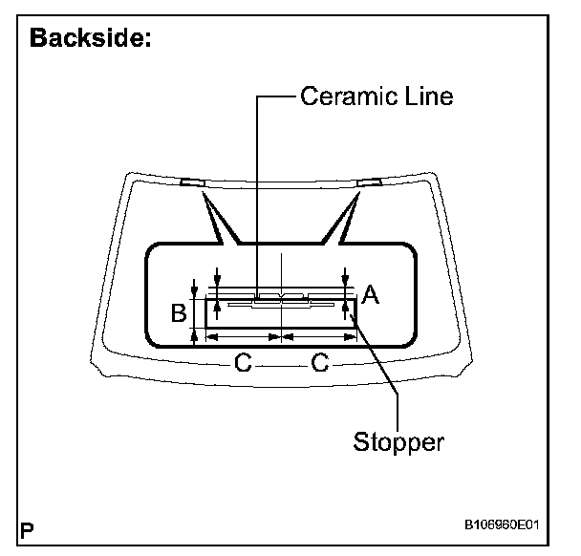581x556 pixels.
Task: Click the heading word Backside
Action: (x=91, y=39)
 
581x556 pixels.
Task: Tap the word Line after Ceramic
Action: (x=426, y=96)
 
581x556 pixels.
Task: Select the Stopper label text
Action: (x=398, y=442)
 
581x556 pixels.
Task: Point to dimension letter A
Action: (x=371, y=297)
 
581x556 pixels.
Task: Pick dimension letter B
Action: (x=177, y=311)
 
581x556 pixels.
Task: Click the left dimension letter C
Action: (x=244, y=362)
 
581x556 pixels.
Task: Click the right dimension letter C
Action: (x=320, y=362)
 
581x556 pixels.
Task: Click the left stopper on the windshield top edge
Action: (x=190, y=182)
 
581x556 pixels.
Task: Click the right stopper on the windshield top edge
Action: (x=368, y=182)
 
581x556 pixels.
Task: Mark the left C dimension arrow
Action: (x=244, y=337)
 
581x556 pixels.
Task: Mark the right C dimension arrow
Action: (x=320, y=337)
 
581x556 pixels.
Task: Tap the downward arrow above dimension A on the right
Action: (x=344, y=275)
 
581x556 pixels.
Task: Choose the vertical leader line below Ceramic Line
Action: (x=256, y=191)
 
